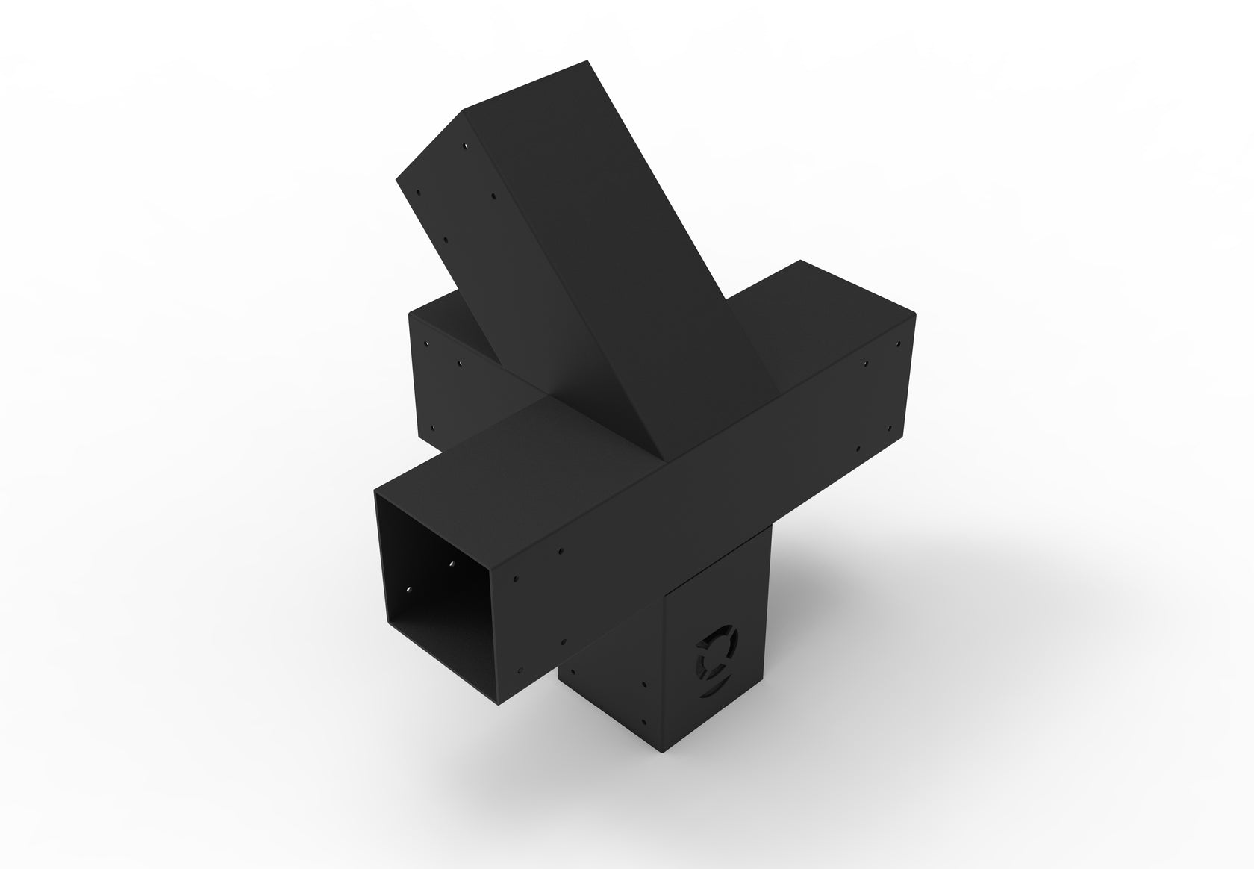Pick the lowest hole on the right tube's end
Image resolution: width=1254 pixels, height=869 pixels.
pyautogui.click(x=858, y=450)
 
